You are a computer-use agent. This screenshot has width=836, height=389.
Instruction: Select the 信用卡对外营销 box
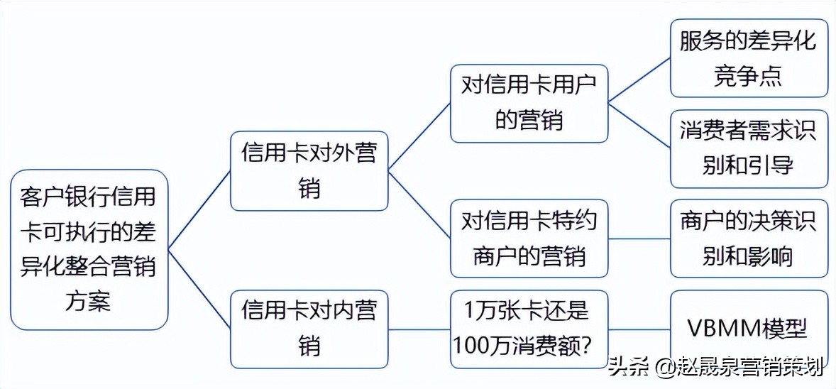point(309,171)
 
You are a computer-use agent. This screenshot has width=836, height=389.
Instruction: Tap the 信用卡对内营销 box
point(309,329)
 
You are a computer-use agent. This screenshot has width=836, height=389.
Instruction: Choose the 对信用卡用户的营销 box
point(529,103)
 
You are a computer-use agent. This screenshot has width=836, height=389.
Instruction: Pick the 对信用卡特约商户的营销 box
point(529,238)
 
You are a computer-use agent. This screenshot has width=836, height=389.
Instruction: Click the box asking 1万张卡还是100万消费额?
point(529,329)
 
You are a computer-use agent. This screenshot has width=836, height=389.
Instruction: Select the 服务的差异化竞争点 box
point(749,58)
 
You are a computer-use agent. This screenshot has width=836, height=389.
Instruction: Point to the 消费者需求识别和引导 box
point(749,148)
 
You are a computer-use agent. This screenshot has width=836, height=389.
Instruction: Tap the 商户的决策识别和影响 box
point(749,238)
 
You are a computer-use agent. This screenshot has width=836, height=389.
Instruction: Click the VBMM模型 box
point(749,329)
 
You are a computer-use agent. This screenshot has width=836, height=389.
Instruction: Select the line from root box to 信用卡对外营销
point(199,210)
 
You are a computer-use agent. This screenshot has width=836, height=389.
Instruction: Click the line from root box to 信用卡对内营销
point(199,288)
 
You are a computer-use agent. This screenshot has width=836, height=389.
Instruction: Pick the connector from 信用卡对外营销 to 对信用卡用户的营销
point(419,137)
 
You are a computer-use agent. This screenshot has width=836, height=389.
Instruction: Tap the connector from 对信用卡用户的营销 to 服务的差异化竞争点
point(639,80)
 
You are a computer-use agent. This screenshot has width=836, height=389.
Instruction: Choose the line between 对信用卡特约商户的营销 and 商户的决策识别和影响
point(639,239)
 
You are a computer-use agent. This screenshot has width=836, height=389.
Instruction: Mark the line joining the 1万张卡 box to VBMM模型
point(639,329)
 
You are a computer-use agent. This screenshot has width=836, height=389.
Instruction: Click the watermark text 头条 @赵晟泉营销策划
point(716,367)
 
